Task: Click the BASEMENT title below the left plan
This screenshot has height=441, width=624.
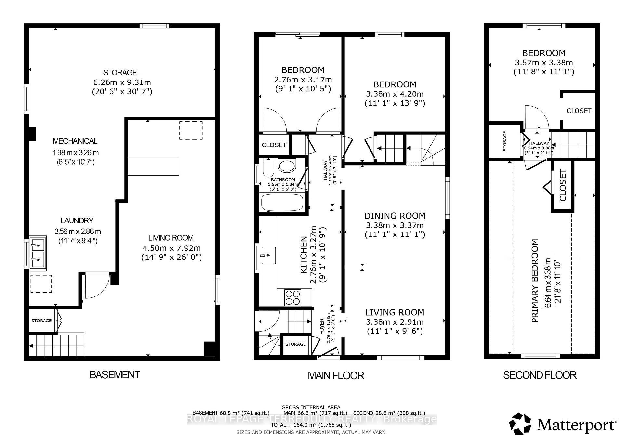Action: [114, 375]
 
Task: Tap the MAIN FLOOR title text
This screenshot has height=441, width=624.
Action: [336, 376]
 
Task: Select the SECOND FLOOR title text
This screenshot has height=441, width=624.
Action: [539, 375]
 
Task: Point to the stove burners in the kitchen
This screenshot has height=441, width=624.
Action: [292, 297]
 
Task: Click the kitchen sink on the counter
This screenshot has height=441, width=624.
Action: [268, 255]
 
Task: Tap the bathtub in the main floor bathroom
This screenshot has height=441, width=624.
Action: [282, 202]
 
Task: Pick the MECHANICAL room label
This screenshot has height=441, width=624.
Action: [75, 141]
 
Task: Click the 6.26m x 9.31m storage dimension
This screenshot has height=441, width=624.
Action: [122, 82]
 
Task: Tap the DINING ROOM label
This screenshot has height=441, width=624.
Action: [395, 216]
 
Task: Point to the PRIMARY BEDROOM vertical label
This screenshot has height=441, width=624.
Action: [535, 281]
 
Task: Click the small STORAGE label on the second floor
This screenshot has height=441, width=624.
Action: [505, 141]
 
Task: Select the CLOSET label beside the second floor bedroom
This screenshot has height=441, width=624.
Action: [579, 111]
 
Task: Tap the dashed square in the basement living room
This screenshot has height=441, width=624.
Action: [191, 130]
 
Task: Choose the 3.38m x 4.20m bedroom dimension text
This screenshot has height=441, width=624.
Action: [395, 94]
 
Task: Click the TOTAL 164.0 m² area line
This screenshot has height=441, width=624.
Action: [311, 425]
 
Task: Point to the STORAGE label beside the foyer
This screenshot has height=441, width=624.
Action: [295, 344]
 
